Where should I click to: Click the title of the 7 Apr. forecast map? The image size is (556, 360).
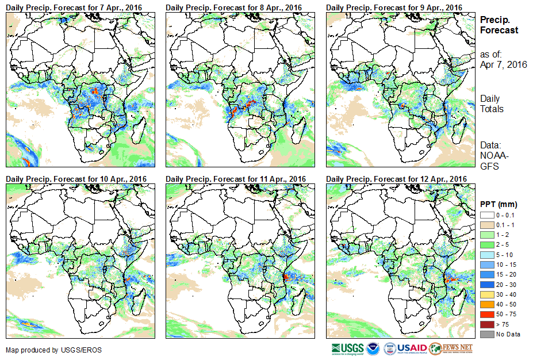74,7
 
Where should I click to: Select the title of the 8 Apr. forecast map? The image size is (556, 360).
233,7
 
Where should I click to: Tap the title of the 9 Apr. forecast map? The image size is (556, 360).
394,7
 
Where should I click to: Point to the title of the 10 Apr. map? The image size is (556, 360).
76,179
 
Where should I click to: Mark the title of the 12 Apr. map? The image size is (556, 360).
396,179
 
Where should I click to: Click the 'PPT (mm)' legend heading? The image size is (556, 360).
498,204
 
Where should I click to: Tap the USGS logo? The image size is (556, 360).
348,348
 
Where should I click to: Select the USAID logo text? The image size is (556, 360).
412,348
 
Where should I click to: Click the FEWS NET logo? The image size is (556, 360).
451,348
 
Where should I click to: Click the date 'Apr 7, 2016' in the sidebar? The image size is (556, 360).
503,64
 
